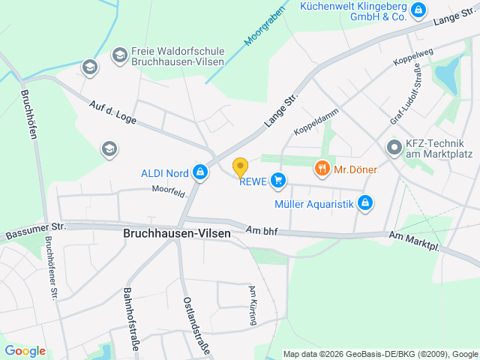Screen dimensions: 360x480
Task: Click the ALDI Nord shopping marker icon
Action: coord(200,173)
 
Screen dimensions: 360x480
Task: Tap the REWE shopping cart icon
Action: coord(278,179)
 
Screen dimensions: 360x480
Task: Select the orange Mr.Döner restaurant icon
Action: coord(322,169)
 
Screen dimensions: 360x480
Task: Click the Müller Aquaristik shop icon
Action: coord(365,202)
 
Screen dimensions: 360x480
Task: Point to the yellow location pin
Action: coord(240,166)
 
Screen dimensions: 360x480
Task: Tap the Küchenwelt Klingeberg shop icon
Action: coord(418,10)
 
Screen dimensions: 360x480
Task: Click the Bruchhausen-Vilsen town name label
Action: coord(176,233)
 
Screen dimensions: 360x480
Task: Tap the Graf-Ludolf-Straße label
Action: coord(405,95)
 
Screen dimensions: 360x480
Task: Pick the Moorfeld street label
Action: coord(168,193)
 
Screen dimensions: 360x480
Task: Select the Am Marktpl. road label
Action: coord(413,241)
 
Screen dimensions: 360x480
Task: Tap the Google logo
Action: coord(25,350)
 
